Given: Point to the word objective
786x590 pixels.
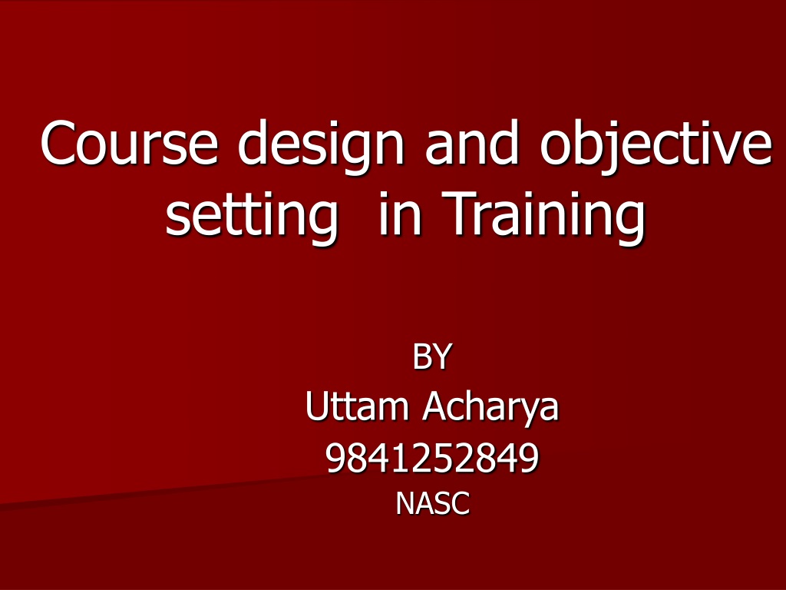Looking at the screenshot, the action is point(656,145).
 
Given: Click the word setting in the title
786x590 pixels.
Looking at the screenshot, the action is point(252,215).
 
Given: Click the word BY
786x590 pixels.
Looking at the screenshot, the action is point(432,356).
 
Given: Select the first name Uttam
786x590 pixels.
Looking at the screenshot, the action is point(357,406).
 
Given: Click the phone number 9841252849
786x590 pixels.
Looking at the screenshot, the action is point(432,457).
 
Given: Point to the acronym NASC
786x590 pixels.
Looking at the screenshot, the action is point(433,502).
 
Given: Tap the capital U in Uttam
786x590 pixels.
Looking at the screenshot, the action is point(317,406).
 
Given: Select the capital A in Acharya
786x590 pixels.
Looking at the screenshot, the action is point(435,406).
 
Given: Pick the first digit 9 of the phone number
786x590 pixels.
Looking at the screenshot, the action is point(336,458).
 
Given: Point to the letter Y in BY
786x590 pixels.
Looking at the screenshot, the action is point(442,356).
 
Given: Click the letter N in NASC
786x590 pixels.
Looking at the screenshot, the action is point(405,503).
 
